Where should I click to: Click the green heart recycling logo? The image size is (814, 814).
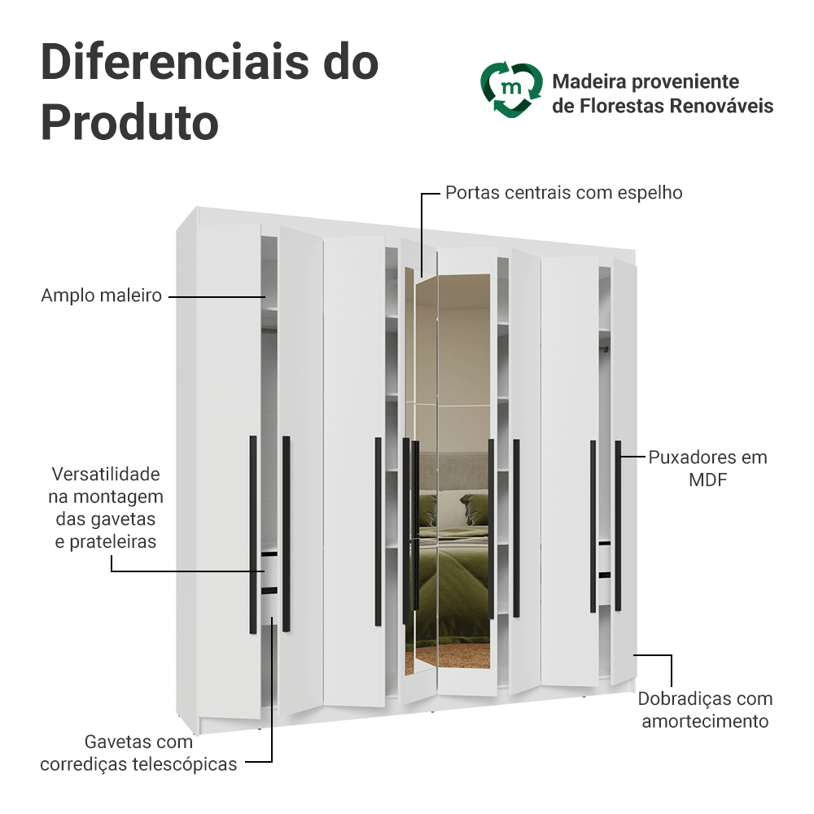pyautogui.click(x=510, y=89)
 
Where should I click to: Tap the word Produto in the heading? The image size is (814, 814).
pyautogui.click(x=129, y=122)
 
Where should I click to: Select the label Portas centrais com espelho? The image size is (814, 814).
pyautogui.click(x=563, y=193)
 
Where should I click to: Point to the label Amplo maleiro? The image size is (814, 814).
pyautogui.click(x=102, y=295)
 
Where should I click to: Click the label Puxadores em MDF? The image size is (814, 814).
pyautogui.click(x=707, y=468)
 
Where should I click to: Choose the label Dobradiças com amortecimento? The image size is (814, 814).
pyautogui.click(x=705, y=710)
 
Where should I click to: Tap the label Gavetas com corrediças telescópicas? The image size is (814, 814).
pyautogui.click(x=138, y=753)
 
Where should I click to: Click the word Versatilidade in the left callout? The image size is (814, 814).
pyautogui.click(x=106, y=474)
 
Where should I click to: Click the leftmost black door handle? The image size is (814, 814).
pyautogui.click(x=252, y=534)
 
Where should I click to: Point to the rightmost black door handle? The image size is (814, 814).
pyautogui.click(x=618, y=525)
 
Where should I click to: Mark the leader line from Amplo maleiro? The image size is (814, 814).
pyautogui.click(x=217, y=296)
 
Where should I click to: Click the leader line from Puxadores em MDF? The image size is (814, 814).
pyautogui.click(x=632, y=457)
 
